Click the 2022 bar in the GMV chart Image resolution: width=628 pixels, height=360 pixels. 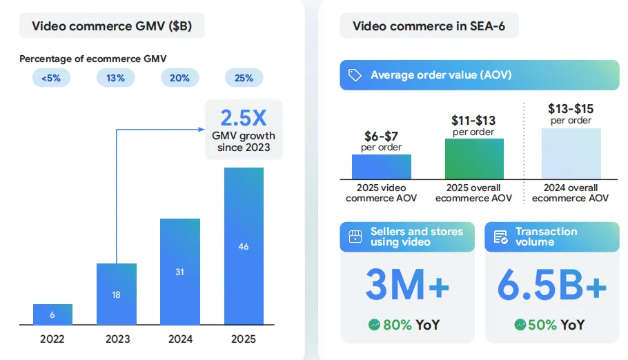pos(52,314)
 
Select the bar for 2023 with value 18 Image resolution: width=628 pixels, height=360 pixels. pos(116,294)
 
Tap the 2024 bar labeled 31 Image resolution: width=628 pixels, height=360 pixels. pos(179,272)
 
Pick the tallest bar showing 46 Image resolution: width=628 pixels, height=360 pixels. pos(243,246)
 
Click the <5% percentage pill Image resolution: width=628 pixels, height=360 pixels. pos(51,78)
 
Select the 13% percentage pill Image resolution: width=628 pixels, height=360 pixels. pos(115,78)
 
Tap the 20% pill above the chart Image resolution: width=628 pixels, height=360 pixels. pos(179,78)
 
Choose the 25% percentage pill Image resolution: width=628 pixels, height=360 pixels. pos(244,78)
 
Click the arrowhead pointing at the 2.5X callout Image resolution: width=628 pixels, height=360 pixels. pos(202,129)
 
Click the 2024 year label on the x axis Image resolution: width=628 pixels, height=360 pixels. pos(179,339)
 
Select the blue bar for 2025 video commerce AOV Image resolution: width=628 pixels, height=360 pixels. pos(381,167)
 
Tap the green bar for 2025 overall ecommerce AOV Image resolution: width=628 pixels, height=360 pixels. pos(473,159)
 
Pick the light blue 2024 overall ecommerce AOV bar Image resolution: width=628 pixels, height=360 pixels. pos(571,154)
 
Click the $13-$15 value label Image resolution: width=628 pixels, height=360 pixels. pos(571,109)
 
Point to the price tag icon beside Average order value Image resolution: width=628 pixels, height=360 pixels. pos(355,75)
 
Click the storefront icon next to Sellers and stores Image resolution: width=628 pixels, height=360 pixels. pos(355,237)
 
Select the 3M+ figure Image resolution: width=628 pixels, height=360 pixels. pos(406,287)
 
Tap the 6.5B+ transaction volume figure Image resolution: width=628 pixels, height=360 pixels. pos(552,287)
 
